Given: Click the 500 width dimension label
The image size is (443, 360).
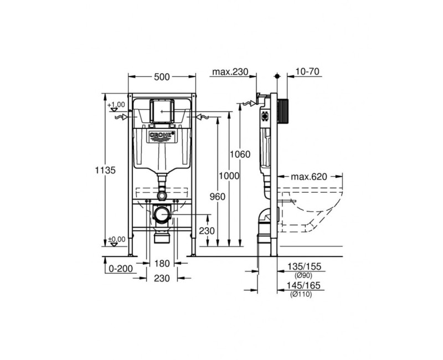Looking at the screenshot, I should coord(162,77).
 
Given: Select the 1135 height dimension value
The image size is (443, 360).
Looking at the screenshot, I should coord(105,171).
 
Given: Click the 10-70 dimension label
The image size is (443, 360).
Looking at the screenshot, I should coord(308,72).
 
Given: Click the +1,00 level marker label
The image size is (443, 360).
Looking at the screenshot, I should coord(117,104).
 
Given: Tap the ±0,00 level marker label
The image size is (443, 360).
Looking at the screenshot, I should coord(117,239).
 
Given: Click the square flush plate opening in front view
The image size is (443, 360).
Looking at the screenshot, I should coord(162,111).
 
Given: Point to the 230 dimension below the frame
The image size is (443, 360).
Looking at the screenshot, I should coord(162,279).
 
